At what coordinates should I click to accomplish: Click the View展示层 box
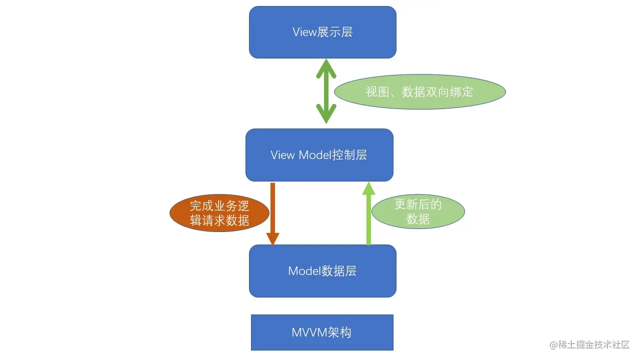coord(322,32)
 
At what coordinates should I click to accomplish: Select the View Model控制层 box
coord(319,155)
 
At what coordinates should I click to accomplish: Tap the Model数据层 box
coord(322,271)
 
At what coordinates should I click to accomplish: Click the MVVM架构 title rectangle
coord(322,332)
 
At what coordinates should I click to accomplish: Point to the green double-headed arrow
coord(326,91)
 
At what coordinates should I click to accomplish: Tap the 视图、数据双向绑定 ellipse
coord(419,92)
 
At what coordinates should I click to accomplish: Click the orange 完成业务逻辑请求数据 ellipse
coord(219,213)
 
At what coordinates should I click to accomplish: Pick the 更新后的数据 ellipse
coord(418,211)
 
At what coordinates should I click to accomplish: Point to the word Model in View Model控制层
coord(315,155)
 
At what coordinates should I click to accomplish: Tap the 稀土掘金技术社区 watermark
coord(589,345)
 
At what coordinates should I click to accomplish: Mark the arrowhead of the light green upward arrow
coord(368,188)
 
